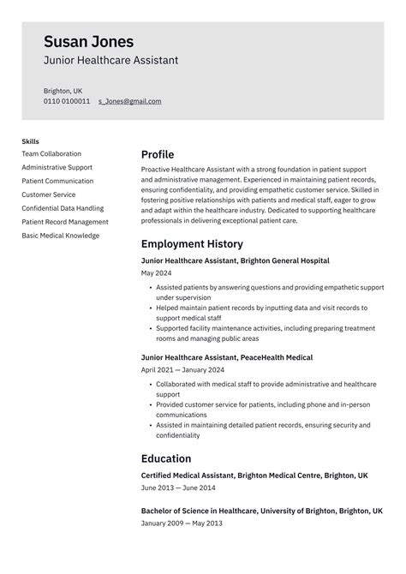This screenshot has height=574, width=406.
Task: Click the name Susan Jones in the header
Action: (x=88, y=42)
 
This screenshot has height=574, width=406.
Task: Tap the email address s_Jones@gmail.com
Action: (x=129, y=101)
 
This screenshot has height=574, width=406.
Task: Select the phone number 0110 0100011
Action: (x=67, y=101)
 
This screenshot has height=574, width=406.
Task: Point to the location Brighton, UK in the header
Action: (x=63, y=90)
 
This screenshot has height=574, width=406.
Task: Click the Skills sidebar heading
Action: (x=30, y=141)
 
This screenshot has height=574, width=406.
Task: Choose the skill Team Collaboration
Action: (x=51, y=154)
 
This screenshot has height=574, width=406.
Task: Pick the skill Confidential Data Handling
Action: (x=63, y=208)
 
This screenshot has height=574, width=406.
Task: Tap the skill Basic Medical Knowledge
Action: (x=62, y=235)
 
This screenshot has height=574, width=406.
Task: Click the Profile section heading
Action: (x=158, y=154)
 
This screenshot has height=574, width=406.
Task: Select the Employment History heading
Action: (x=192, y=244)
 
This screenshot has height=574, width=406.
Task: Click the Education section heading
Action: (x=166, y=458)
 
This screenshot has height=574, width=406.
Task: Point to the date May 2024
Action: (x=156, y=273)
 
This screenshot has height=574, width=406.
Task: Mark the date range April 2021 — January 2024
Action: (x=182, y=370)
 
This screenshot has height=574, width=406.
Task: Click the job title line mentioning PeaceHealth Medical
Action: (x=227, y=357)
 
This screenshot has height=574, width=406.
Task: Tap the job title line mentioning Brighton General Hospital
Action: (x=236, y=260)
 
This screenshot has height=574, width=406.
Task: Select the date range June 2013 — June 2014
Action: (x=177, y=487)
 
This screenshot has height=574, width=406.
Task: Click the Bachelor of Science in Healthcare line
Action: (x=262, y=511)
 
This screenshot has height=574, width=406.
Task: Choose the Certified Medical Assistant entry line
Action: (x=254, y=475)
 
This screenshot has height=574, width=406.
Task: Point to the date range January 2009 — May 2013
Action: (x=182, y=523)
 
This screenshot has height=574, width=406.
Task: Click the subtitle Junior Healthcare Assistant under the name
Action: (x=111, y=61)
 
